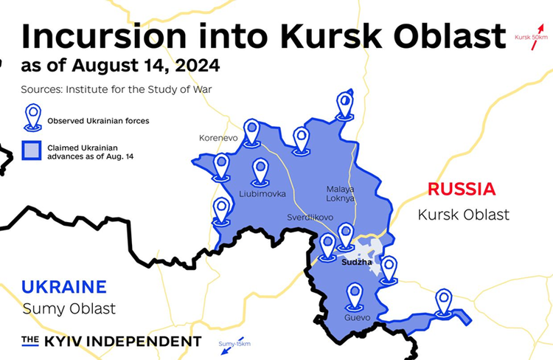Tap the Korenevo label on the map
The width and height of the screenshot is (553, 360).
click(218, 138)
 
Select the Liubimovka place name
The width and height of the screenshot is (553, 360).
click(263, 194)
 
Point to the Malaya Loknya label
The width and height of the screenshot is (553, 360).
click(341, 193)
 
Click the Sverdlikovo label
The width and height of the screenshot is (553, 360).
click(310, 218)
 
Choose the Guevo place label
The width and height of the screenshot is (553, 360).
click(357, 318)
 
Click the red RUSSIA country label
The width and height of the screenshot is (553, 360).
click(462, 189)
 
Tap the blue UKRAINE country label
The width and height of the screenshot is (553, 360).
click(64, 287)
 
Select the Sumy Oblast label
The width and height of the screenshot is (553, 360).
click(69, 308)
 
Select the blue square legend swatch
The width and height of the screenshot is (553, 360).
click(32, 151)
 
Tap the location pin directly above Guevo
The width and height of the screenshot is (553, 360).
click(355, 296)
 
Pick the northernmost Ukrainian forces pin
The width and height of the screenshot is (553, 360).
click(344, 104)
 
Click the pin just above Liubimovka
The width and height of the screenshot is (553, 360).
click(260, 171)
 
